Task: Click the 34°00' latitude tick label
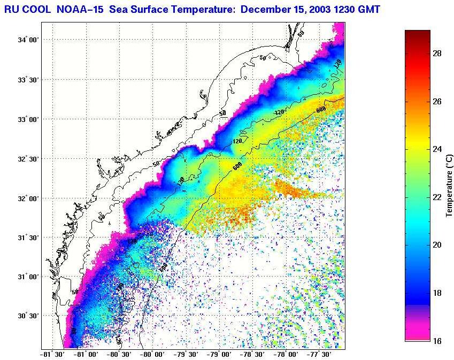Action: pos(27,40)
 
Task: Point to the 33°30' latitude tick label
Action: pos(27,80)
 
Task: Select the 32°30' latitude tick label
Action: pos(27,159)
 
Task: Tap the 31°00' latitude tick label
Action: pos(27,277)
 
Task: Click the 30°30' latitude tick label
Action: pos(27,316)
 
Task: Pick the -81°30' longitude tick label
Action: pos(52,354)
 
